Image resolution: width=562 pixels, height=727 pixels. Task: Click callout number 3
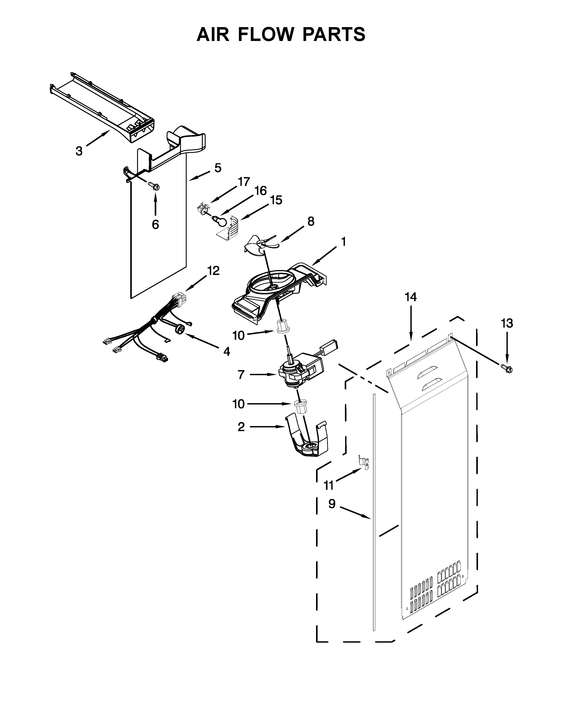coord(79,151)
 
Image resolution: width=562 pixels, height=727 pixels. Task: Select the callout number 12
coord(213,271)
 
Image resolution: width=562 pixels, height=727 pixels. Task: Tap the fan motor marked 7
coord(296,371)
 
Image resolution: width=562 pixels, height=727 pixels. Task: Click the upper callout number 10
coord(238,336)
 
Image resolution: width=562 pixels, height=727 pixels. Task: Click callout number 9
coord(332,504)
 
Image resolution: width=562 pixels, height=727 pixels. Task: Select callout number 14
coord(411,297)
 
